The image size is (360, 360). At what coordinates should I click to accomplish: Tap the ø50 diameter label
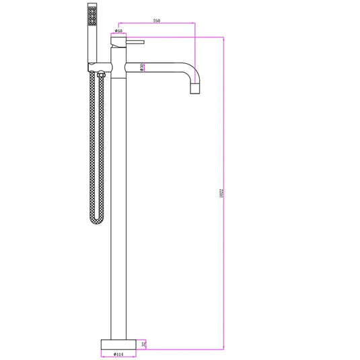click(118, 30)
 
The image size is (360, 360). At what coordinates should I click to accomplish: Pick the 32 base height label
click(144, 343)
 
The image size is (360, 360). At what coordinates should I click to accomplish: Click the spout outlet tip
click(195, 89)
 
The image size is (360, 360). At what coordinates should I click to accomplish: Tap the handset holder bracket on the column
click(98, 66)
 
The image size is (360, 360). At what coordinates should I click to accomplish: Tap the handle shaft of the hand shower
click(93, 44)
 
